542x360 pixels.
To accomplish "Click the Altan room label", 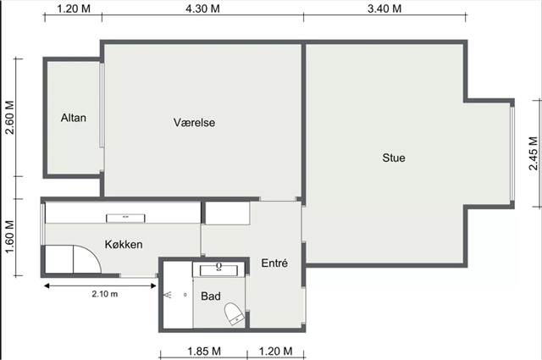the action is [x=74, y=118].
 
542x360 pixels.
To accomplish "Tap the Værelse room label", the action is [x=194, y=123].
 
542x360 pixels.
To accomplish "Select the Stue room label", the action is [x=394, y=158].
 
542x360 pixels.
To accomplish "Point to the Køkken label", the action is [x=124, y=245].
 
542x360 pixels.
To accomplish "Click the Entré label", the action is [x=274, y=263].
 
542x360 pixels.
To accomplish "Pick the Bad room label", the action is [x=211, y=296].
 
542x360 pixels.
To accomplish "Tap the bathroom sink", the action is [x=218, y=269].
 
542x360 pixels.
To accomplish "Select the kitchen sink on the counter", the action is [x=125, y=218].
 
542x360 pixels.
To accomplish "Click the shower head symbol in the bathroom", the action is [x=168, y=295].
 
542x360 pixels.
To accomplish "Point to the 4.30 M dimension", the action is [x=202, y=8].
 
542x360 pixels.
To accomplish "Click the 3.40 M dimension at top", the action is [x=384, y=8].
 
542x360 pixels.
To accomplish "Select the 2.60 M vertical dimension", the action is [x=9, y=118].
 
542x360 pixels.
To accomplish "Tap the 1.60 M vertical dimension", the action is [x=9, y=237].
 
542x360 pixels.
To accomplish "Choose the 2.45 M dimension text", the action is [x=534, y=153].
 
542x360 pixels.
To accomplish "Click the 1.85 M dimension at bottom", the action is [x=204, y=352].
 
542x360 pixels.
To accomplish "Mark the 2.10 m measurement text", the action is [x=105, y=294].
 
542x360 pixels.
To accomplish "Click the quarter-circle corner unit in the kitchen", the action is [x=87, y=259].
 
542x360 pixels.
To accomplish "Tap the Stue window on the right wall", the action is [x=512, y=153].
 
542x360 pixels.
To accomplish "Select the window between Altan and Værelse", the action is [x=102, y=106].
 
